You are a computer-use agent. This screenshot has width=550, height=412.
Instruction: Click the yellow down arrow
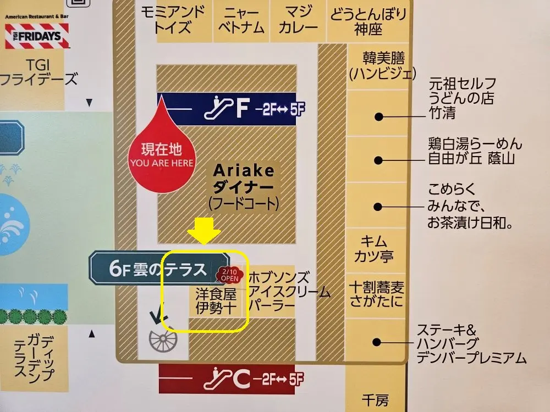click(204, 230)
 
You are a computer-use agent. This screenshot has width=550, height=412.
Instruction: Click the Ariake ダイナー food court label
click(244, 187)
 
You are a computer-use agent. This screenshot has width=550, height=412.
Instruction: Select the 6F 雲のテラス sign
click(158, 269)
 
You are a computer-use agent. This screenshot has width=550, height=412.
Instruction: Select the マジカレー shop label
click(298, 20)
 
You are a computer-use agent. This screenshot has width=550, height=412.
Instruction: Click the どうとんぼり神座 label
click(369, 21)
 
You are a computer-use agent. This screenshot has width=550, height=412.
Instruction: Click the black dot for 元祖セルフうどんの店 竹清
click(378, 116)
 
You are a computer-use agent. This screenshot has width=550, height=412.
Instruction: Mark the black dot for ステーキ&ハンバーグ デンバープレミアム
click(377, 342)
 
